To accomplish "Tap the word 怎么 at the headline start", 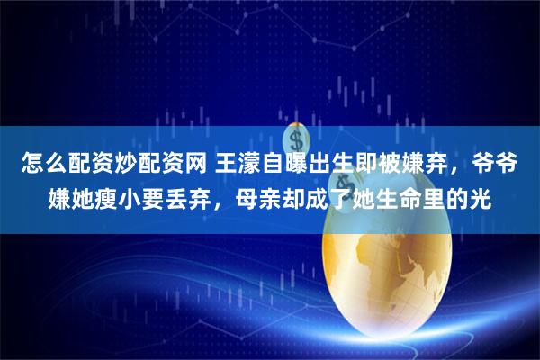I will pyautogui.click(x=34, y=165).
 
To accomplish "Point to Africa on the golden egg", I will pyautogui.click(x=396, y=270).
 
